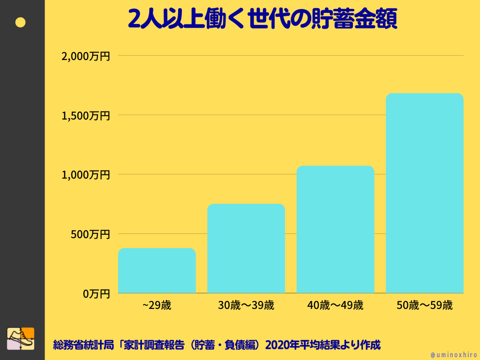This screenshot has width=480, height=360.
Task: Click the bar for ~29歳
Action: (x=157, y=270)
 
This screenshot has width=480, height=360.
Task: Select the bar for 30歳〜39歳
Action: (x=246, y=248)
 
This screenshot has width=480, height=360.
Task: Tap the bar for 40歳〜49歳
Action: (x=335, y=229)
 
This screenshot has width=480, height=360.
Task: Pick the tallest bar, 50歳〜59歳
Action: (x=424, y=193)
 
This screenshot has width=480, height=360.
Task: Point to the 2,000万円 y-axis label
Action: (x=86, y=56)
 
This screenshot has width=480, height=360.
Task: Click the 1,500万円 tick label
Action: (x=86, y=115)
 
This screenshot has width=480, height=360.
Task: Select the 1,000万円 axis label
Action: (x=86, y=175)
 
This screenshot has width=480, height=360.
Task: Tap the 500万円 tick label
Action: (x=90, y=234)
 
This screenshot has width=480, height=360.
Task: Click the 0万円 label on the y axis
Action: (x=97, y=294)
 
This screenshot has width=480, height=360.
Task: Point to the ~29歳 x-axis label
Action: (x=157, y=306)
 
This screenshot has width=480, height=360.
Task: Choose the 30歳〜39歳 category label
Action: (x=246, y=306)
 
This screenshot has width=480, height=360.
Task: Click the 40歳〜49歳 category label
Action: (x=335, y=306)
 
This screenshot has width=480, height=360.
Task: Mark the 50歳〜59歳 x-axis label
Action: (x=424, y=306)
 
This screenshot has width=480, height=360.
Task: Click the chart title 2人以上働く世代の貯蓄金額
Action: (x=262, y=20)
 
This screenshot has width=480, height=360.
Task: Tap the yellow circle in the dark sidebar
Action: (x=21, y=22)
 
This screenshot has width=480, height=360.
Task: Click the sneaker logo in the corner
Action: (x=21, y=338)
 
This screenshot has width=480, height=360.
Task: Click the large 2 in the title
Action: (x=135, y=20)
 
